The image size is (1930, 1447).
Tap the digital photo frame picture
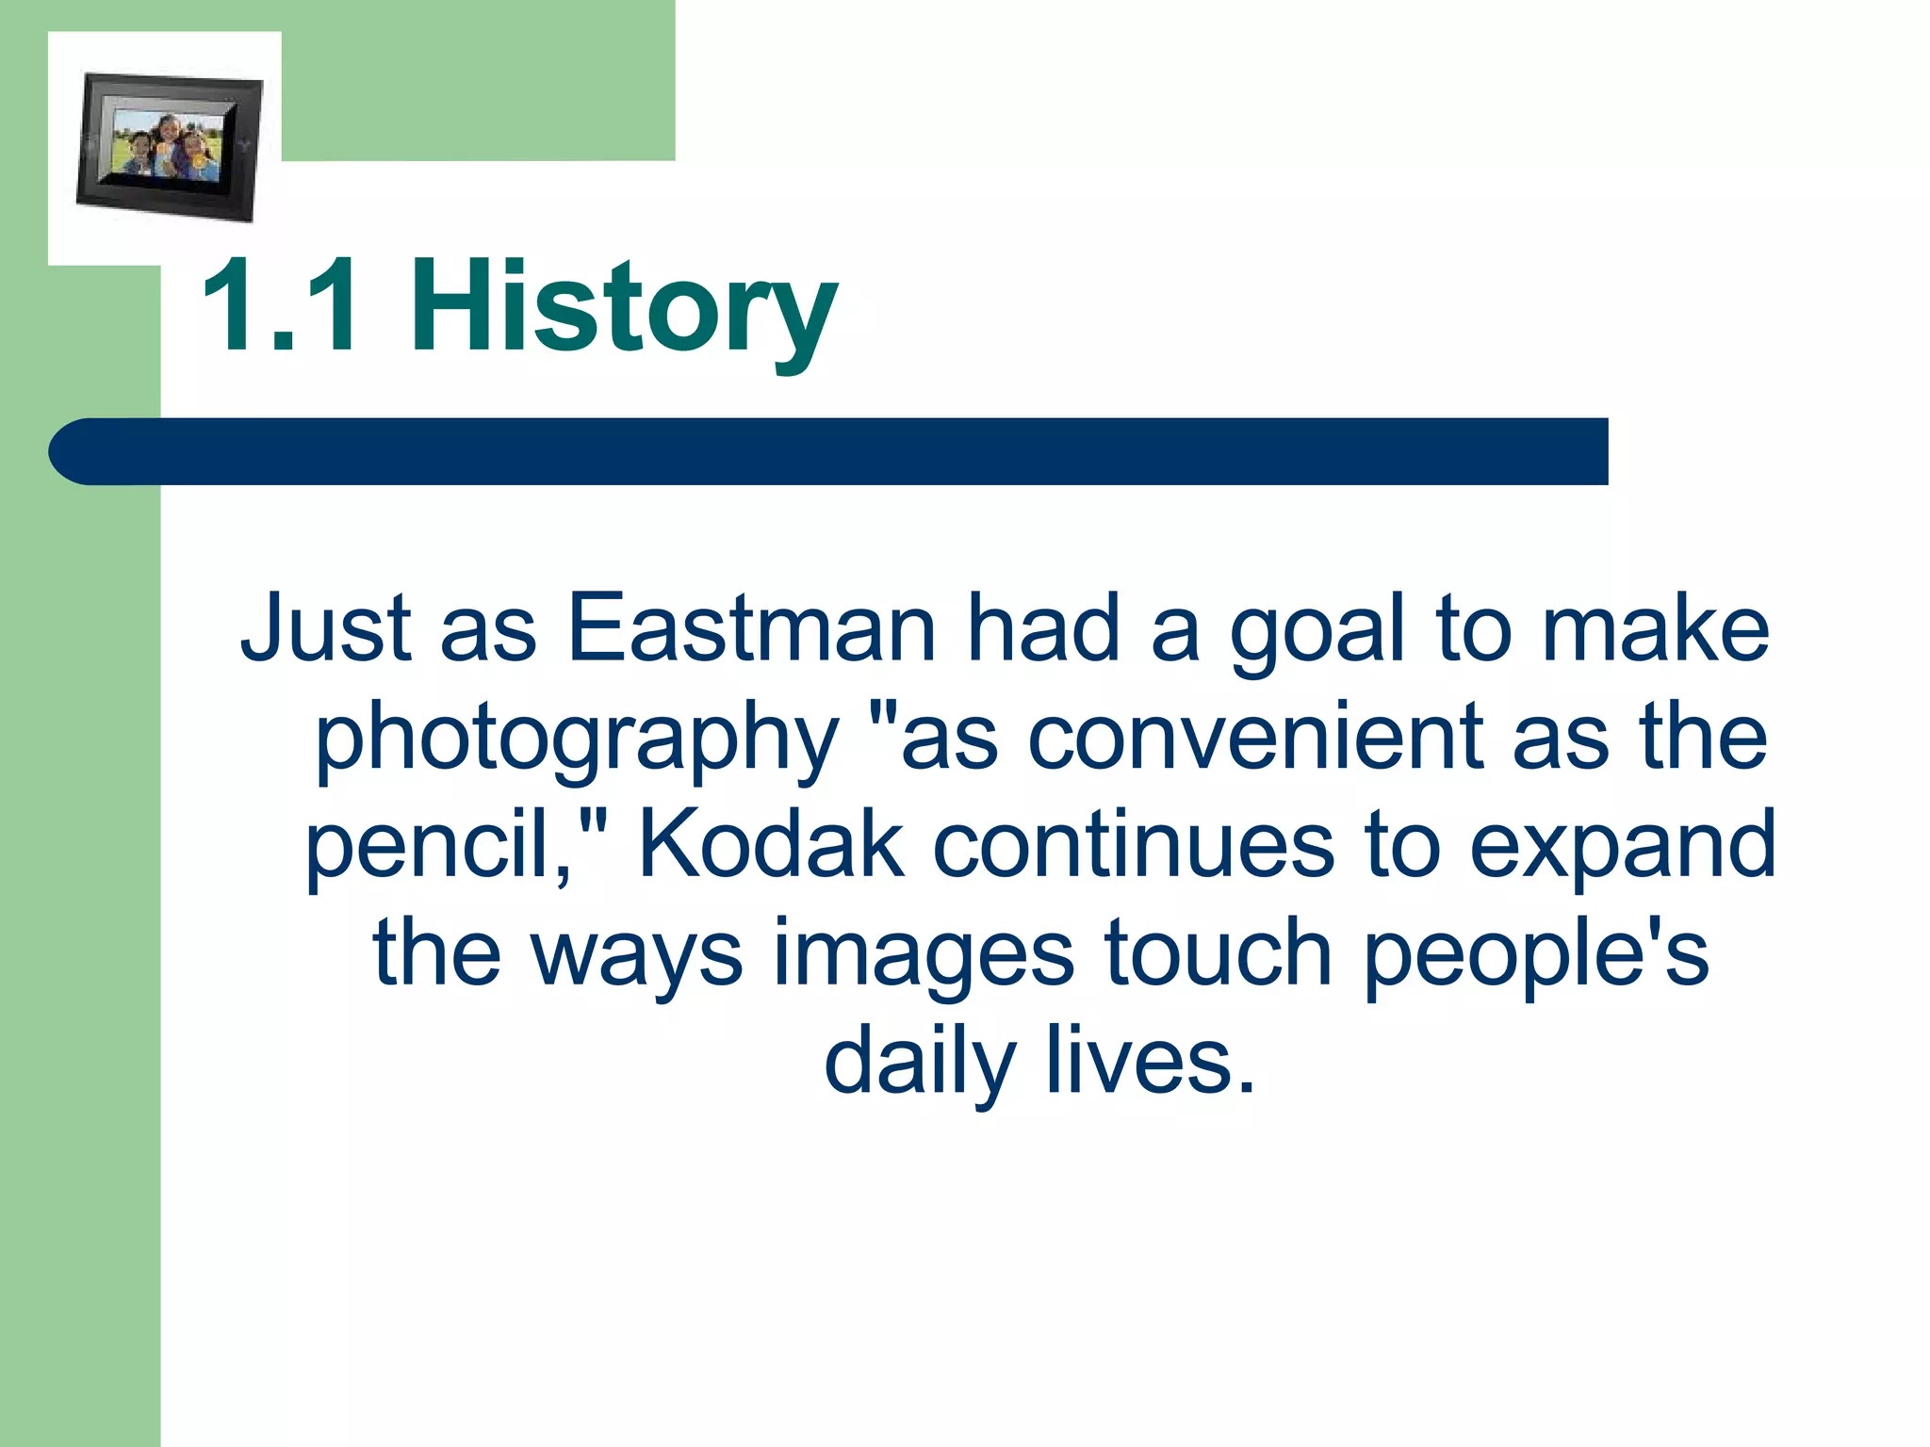168,147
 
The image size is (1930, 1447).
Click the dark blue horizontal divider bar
829,451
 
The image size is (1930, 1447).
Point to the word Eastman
751,628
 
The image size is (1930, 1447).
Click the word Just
326,628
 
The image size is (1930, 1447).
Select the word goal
1317,633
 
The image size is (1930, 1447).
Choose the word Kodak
771,844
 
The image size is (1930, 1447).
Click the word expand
1622,847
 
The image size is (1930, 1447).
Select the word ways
637,959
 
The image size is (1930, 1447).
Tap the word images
924,957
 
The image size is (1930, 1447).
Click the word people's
1535,957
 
